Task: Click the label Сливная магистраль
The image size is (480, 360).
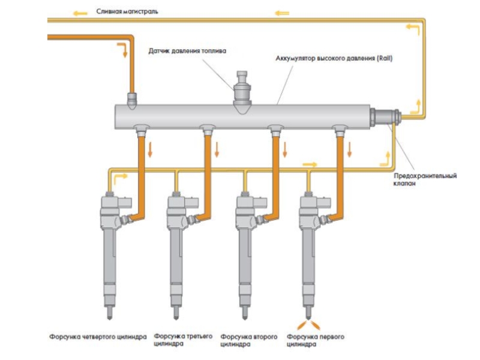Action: coord(127,11)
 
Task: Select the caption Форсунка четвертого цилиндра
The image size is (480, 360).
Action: coord(98,337)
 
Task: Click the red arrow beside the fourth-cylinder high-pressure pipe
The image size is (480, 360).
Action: coord(151,148)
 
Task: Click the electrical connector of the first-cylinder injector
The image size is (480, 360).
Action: coord(324,205)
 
